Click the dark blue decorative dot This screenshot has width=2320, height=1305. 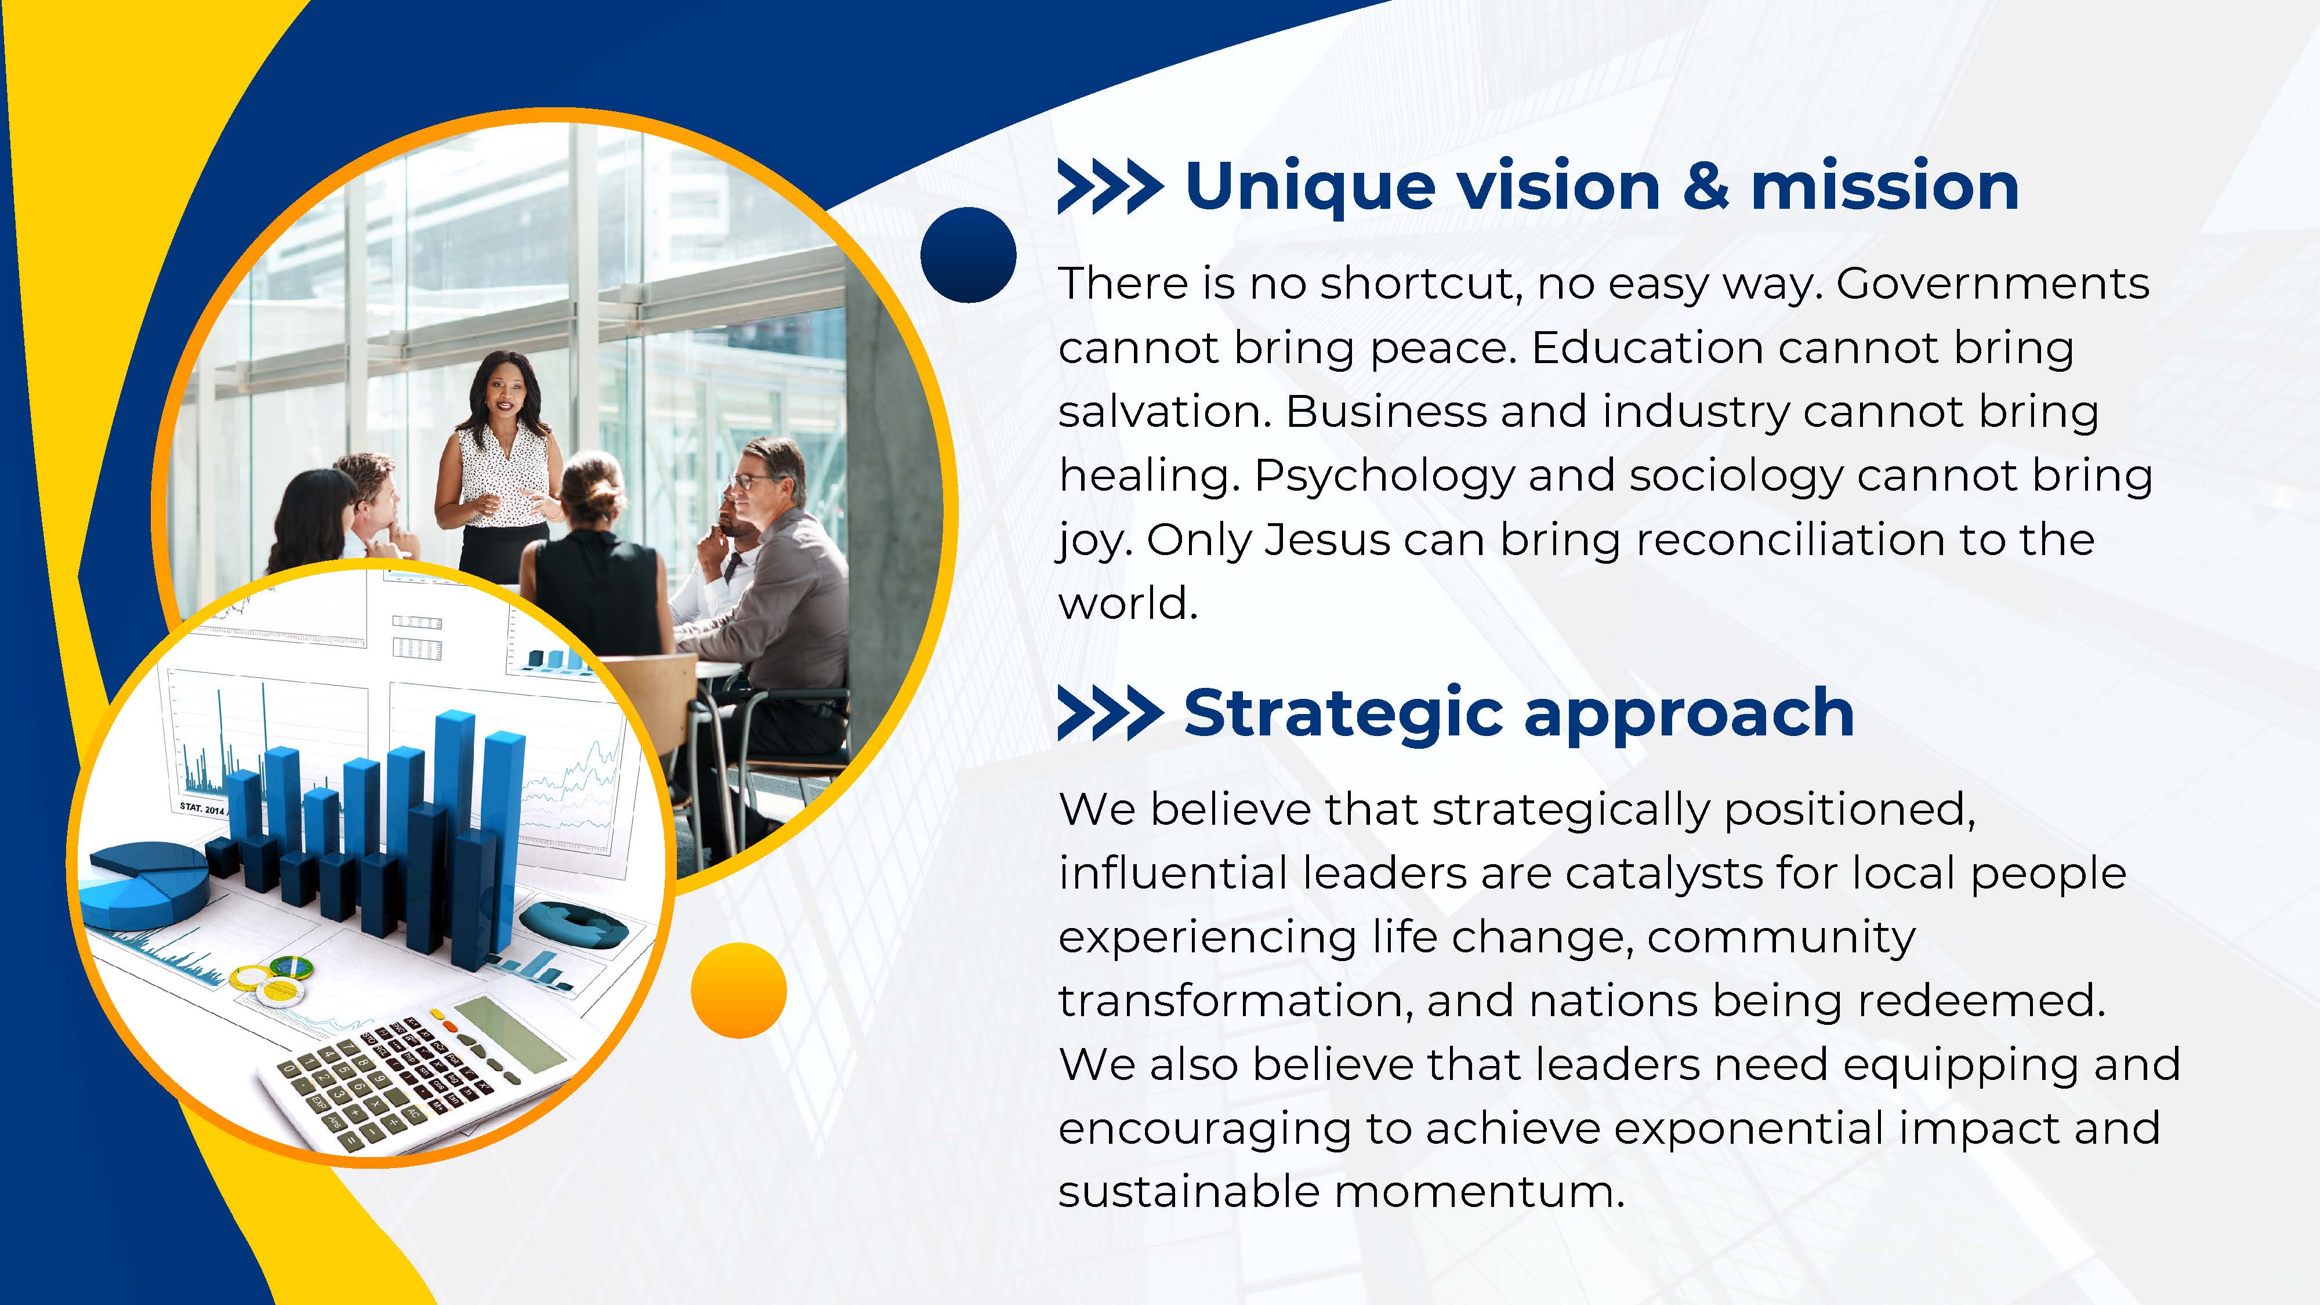tap(968, 255)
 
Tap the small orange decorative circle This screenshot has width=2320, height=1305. tap(738, 991)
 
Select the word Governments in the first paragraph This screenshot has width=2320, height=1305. tap(1992, 285)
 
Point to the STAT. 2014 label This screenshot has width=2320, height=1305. tap(202, 808)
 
